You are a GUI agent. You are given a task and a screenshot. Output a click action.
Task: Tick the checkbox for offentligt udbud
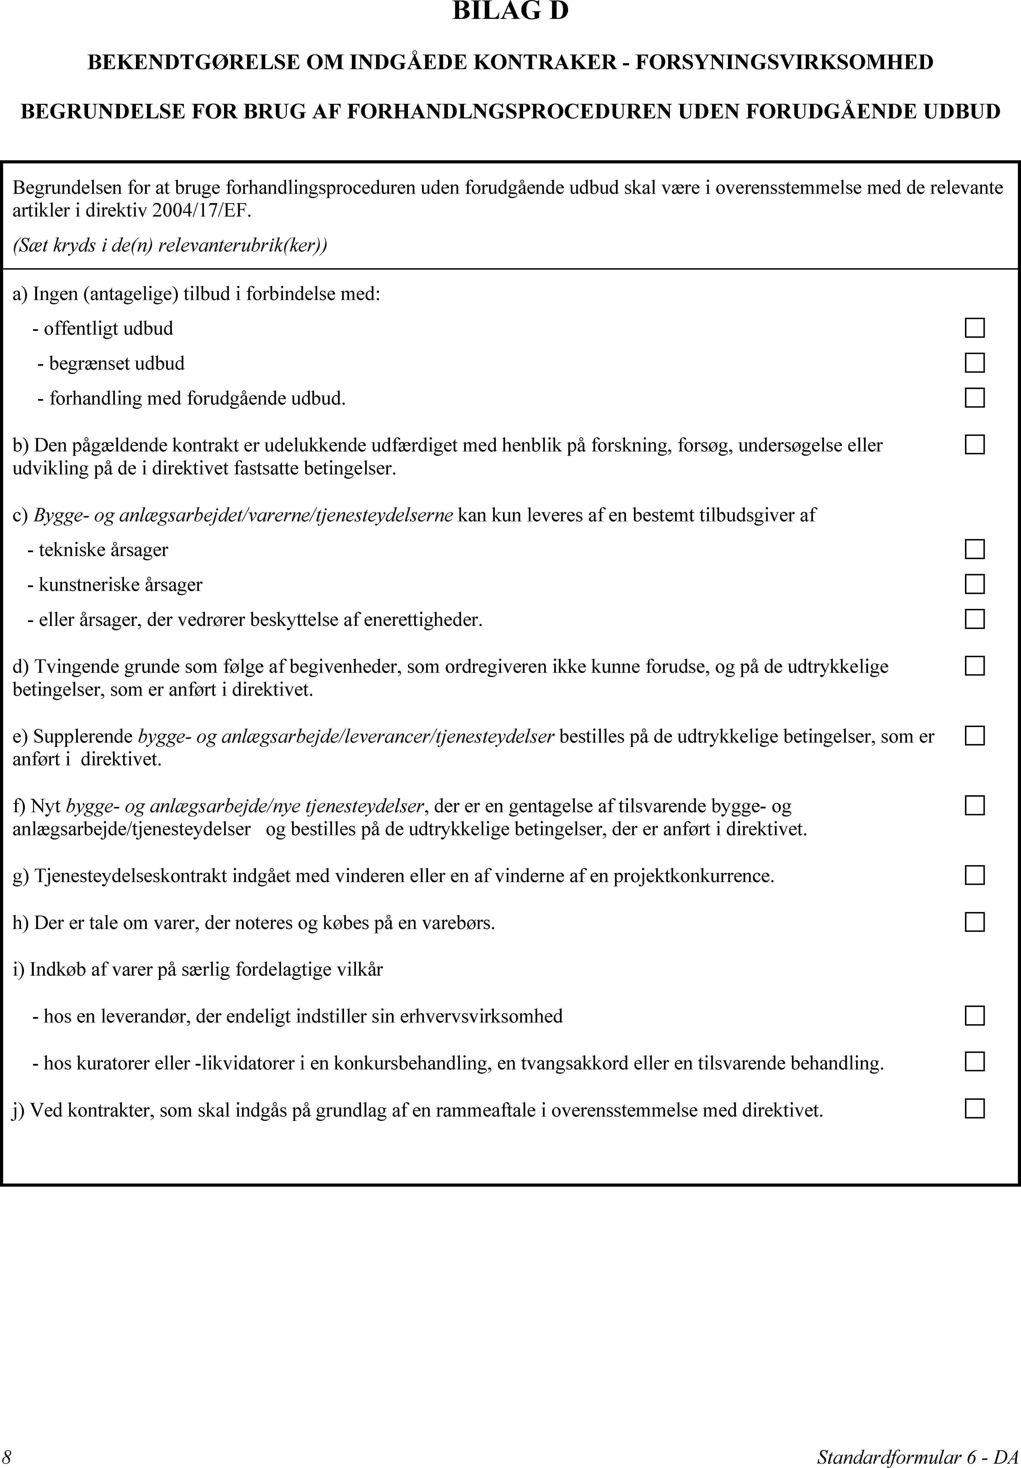[974, 328]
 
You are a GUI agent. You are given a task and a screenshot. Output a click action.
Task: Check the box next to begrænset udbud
[974, 362]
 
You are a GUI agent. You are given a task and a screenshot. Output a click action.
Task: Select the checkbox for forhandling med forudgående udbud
[974, 398]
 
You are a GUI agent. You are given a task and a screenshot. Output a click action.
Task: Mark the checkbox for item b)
[974, 444]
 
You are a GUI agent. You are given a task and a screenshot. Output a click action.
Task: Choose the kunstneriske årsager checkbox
[974, 584]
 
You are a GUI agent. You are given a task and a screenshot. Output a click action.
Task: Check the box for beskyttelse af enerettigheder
[974, 619]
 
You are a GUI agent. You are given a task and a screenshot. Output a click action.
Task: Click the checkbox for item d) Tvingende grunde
[974, 666]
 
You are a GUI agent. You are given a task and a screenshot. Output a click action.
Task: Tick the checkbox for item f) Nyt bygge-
[974, 805]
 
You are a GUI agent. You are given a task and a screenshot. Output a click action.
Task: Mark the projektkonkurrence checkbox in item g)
[974, 875]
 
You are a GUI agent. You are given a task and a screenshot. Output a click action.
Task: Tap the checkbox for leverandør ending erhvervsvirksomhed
[974, 1015]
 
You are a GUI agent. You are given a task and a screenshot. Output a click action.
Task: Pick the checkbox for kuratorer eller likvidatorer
[974, 1062]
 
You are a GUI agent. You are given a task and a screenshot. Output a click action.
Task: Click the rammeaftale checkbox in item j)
[974, 1109]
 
